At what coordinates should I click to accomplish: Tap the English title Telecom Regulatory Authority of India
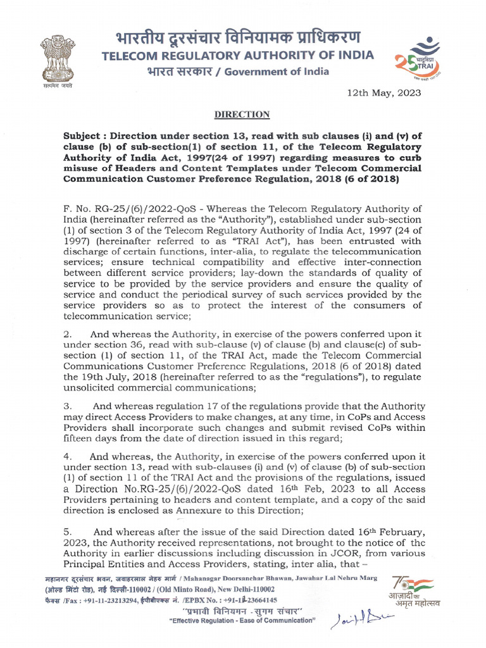pyautogui.click(x=238, y=55)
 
